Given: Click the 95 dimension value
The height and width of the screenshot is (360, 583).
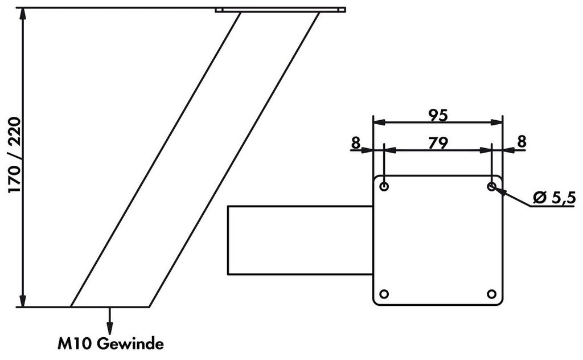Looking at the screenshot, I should click(x=437, y=115).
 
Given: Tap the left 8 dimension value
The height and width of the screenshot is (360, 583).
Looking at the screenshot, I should click(x=356, y=143).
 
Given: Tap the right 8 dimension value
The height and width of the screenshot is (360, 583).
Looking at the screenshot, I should click(x=520, y=143).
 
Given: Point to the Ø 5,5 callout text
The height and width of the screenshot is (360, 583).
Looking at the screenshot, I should click(x=555, y=198).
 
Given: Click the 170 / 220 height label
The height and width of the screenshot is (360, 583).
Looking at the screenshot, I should click(x=14, y=155).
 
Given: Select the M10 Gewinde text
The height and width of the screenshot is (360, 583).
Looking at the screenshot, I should click(x=110, y=343).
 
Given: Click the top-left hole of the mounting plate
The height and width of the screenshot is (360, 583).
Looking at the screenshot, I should click(x=384, y=186).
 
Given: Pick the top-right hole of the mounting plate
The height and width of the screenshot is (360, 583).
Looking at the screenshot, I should click(x=491, y=186).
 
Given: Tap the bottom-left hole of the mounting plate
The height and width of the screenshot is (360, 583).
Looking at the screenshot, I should click(x=384, y=294).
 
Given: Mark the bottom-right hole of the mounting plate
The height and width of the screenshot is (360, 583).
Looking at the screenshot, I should click(x=491, y=294).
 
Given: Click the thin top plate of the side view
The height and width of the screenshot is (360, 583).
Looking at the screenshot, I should click(x=280, y=10).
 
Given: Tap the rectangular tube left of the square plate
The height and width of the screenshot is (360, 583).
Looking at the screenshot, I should click(x=299, y=240).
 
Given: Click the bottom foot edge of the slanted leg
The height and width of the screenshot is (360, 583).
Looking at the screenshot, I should click(x=109, y=307).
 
